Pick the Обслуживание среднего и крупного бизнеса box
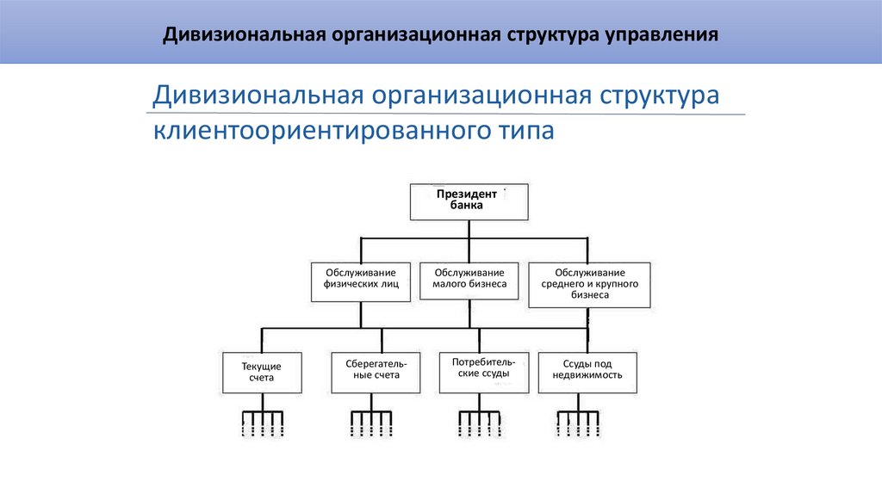pos(589,283)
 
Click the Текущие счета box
pos(262,372)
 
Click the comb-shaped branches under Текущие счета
pos(262,421)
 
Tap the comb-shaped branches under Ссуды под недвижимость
pos(577,421)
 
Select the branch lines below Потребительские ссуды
pos(479,421)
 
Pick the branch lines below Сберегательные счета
pos(370,421)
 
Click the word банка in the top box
pos(466,206)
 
